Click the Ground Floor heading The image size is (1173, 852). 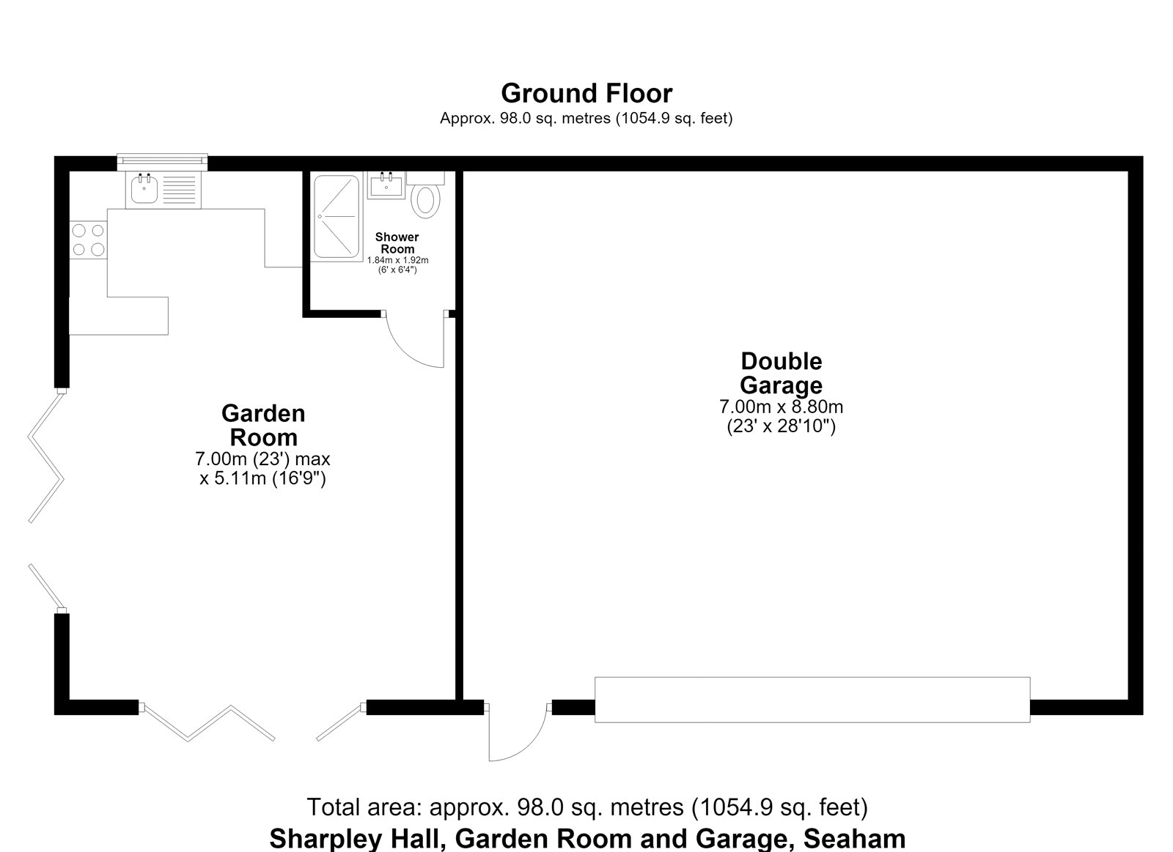[x=586, y=94]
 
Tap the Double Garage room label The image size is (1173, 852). [x=781, y=373]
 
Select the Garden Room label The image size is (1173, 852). [x=263, y=425]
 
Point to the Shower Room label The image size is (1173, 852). [x=397, y=242]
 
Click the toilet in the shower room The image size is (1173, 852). [x=425, y=194]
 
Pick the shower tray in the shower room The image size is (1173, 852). [x=337, y=216]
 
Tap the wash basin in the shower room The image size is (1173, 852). [x=386, y=185]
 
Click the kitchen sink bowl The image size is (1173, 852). [x=144, y=188]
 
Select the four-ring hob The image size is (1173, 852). [x=88, y=240]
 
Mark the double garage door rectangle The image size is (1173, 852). [x=812, y=700]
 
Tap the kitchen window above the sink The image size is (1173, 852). [x=162, y=162]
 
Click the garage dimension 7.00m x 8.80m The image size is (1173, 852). [x=781, y=407]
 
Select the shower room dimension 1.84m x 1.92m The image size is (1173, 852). [x=397, y=260]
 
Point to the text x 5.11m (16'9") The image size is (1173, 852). [x=263, y=478]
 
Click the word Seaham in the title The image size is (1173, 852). [x=854, y=839]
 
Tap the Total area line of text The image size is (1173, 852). [x=587, y=807]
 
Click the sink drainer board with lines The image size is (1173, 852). [x=179, y=190]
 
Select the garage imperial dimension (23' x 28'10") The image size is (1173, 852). [x=781, y=426]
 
